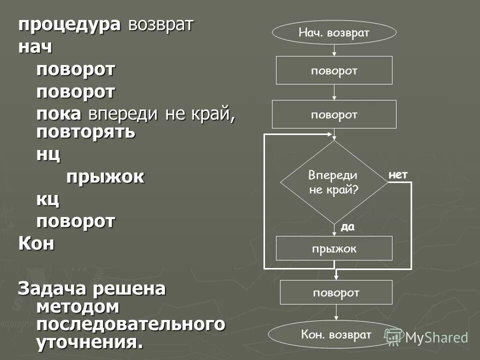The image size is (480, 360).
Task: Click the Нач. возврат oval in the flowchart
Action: (x=334, y=32)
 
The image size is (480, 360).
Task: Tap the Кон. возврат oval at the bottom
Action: (x=336, y=334)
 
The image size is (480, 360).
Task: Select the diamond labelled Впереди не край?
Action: (x=333, y=182)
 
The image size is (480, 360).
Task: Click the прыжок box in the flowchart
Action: (x=334, y=248)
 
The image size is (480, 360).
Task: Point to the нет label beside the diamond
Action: (x=398, y=174)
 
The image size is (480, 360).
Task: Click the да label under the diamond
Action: (x=347, y=227)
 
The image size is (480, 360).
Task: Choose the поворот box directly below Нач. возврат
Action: (x=334, y=70)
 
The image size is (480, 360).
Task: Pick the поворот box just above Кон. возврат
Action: (x=336, y=292)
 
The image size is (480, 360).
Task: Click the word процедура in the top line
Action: (x=69, y=25)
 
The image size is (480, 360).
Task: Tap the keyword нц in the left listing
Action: (x=48, y=154)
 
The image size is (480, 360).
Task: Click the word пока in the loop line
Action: (x=58, y=114)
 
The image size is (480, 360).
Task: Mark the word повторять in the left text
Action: (x=85, y=132)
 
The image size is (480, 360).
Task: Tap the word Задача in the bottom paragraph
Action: (x=51, y=289)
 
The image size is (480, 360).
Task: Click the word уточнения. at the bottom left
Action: (x=89, y=342)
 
